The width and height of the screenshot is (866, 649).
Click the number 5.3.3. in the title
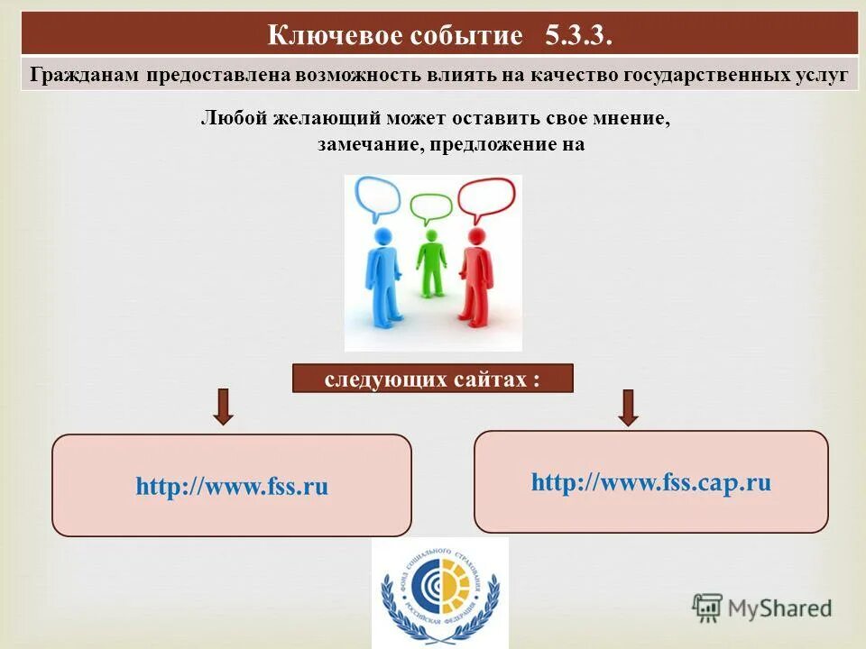coord(579,35)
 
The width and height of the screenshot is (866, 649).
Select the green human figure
coord(431,261)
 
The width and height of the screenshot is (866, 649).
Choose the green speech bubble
coord(431,208)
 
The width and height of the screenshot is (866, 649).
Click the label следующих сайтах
coord(432,379)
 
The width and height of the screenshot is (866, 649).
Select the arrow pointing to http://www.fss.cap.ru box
coord(629,407)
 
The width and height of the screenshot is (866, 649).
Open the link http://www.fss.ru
coord(232,487)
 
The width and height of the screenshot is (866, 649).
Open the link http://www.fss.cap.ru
coord(650,482)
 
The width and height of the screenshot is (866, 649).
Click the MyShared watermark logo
coord(762,608)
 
